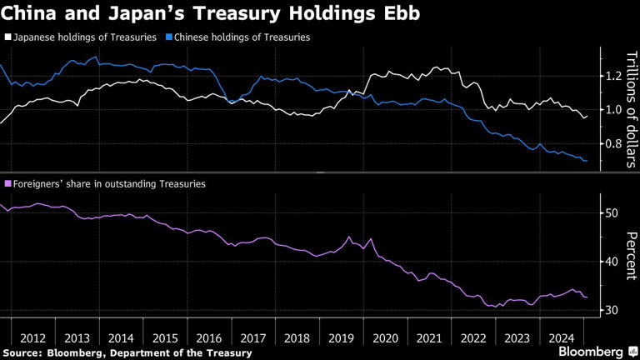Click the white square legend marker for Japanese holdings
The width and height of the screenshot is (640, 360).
[8, 37]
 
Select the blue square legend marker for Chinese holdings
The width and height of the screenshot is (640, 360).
[169, 37]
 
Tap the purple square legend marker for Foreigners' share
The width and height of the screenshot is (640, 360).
[8, 183]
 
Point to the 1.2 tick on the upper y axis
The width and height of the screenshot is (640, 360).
[612, 76]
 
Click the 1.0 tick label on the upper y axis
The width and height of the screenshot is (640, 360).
[612, 110]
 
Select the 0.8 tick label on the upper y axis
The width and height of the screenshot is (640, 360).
[612, 144]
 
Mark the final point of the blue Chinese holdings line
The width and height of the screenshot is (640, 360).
[587, 161]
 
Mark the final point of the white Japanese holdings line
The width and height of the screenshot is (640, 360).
[587, 116]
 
